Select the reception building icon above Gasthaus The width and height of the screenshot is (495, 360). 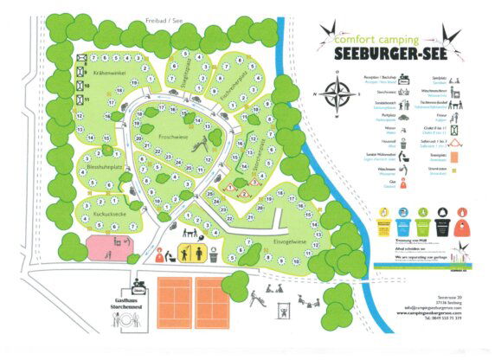[138, 283]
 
